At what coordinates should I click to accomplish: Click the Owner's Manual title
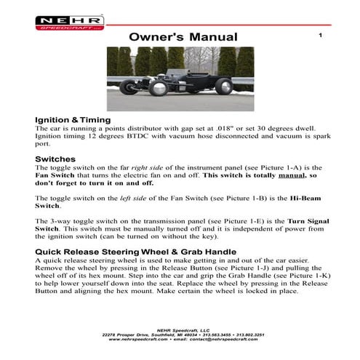[183, 36]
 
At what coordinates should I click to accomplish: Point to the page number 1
[319, 35]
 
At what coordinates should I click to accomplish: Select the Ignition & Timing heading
[73, 119]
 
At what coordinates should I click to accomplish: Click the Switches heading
[55, 159]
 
